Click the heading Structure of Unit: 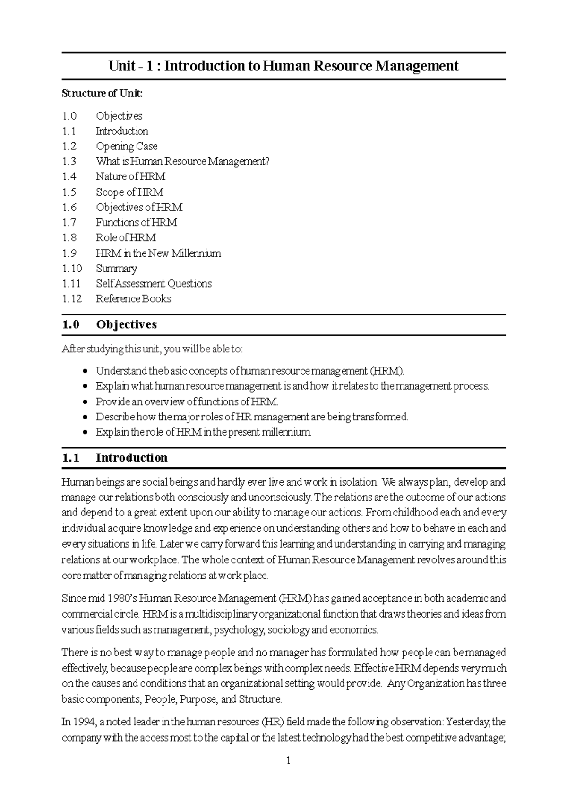pos(102,93)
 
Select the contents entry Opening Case pos(126,146)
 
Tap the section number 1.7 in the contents pos(69,222)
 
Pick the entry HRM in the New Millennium pos(158,253)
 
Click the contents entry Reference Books pos(133,298)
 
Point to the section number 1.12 pos(71,298)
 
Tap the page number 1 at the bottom pos(288,760)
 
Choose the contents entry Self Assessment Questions pos(154,283)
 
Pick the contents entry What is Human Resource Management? pos(182,161)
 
